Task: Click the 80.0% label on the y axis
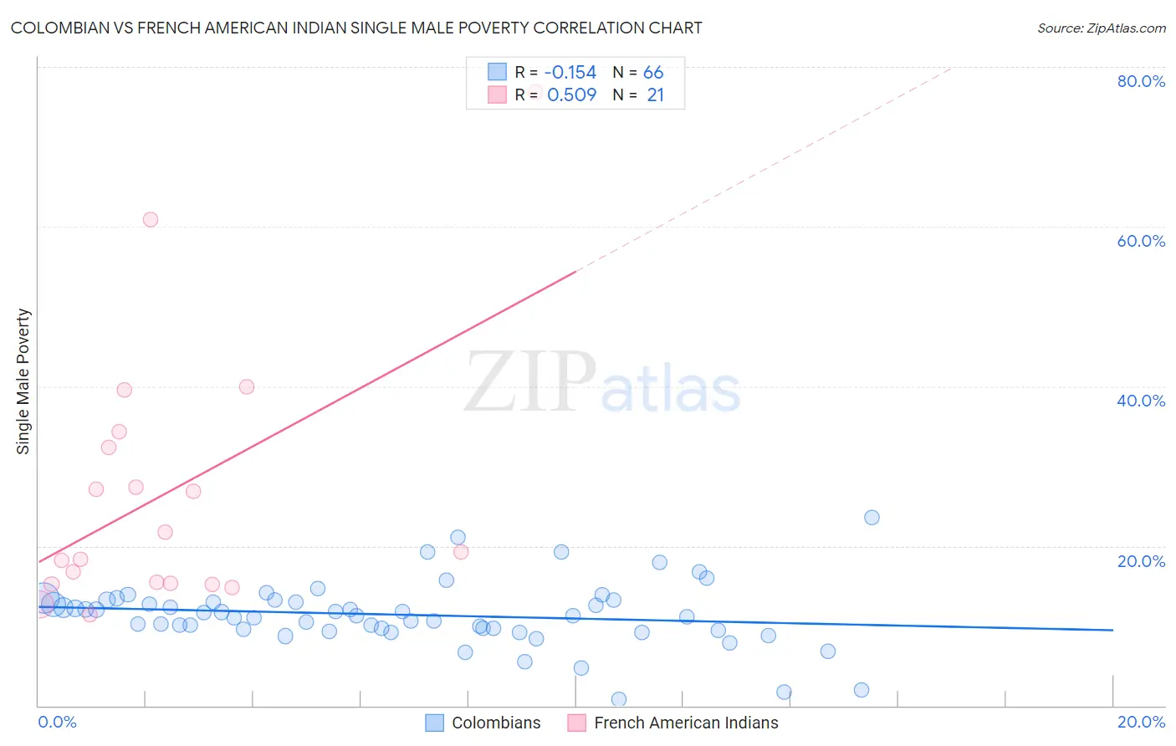[x=1141, y=81]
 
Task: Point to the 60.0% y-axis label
[x=1141, y=241]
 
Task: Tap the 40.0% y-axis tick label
[x=1141, y=401]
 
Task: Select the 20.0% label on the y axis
[x=1141, y=561]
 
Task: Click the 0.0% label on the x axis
[x=57, y=722]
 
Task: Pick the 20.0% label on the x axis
[x=1141, y=722]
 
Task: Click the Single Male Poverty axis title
[x=23, y=381]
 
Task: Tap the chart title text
[x=356, y=28]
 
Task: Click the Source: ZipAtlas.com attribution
[x=1101, y=28]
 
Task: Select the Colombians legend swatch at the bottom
[x=434, y=723]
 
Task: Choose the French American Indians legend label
[x=686, y=723]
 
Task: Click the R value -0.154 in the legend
[x=570, y=73]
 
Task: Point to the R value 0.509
[x=571, y=95]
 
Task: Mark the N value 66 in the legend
[x=653, y=73]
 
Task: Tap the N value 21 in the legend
[x=655, y=95]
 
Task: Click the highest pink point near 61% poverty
[x=151, y=220]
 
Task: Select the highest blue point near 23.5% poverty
[x=872, y=518]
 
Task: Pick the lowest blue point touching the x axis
[x=619, y=699]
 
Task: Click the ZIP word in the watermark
[x=530, y=382]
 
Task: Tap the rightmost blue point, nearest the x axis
[x=862, y=690]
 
